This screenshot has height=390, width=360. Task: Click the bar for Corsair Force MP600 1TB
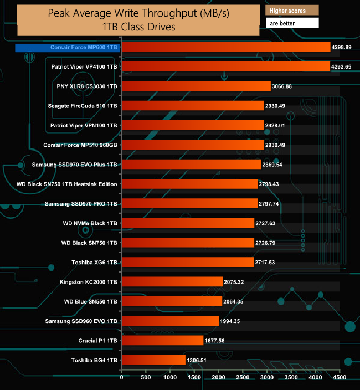[x=225, y=48]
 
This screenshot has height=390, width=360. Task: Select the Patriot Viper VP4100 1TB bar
[x=225, y=67]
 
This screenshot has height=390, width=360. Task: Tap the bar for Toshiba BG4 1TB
[x=153, y=360]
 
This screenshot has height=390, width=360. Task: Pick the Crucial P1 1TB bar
[x=162, y=341]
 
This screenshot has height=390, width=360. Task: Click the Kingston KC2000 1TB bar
[x=172, y=282]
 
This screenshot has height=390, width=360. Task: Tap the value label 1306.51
[x=199, y=360]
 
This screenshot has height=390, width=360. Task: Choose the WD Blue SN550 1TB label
[x=90, y=301]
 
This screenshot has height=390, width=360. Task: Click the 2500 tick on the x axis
[x=243, y=378]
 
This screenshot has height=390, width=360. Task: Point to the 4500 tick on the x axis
[x=339, y=378]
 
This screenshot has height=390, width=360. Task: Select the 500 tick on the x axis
[x=146, y=378]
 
